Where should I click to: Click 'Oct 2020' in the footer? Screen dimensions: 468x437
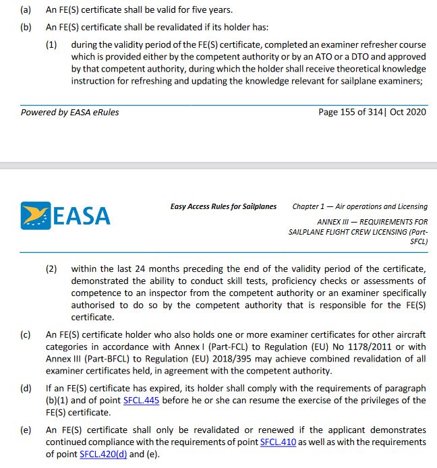408,112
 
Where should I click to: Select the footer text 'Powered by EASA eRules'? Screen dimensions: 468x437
69,112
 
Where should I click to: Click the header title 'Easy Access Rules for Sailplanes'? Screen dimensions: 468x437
223,206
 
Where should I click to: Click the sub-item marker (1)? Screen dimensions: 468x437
51,45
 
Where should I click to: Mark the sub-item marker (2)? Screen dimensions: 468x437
51,268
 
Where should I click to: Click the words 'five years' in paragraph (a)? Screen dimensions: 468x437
212,11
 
